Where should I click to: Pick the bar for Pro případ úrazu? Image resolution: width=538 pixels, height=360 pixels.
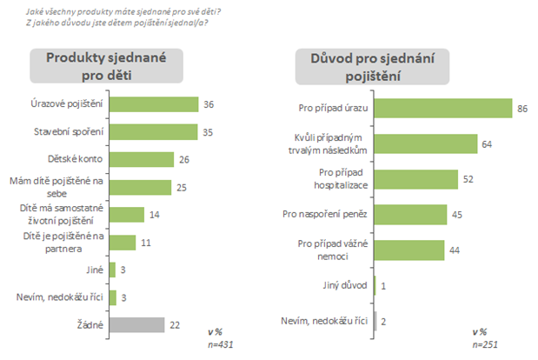coord(443,108)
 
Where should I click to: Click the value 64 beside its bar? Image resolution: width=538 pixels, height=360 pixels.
coord(488,143)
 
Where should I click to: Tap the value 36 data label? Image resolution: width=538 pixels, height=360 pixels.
coord(209,105)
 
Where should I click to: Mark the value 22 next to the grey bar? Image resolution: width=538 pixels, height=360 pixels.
coord(176,324)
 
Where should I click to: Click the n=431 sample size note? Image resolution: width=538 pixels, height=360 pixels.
coord(219,345)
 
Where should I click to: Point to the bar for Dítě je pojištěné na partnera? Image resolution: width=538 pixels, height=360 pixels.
coord(123,243)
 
